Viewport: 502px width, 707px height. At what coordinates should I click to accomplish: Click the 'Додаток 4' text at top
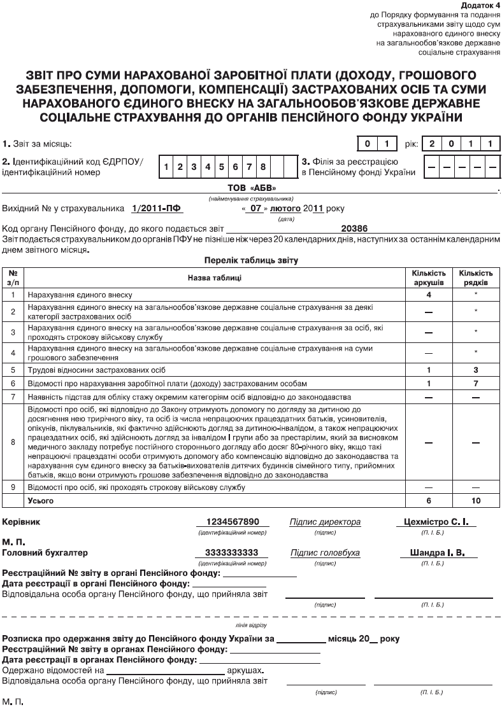[480, 5]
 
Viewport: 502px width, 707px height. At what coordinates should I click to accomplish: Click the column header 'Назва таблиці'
[214, 277]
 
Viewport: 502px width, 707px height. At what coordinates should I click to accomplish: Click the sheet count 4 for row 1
[429, 295]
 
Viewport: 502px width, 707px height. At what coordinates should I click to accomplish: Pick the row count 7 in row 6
[476, 384]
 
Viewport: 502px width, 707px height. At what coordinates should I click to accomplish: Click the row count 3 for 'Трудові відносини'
[476, 370]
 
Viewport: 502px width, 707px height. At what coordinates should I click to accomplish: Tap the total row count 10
[476, 501]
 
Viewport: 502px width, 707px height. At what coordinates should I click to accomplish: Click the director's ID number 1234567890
[232, 522]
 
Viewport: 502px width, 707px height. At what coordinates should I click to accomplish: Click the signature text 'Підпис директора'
[325, 522]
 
